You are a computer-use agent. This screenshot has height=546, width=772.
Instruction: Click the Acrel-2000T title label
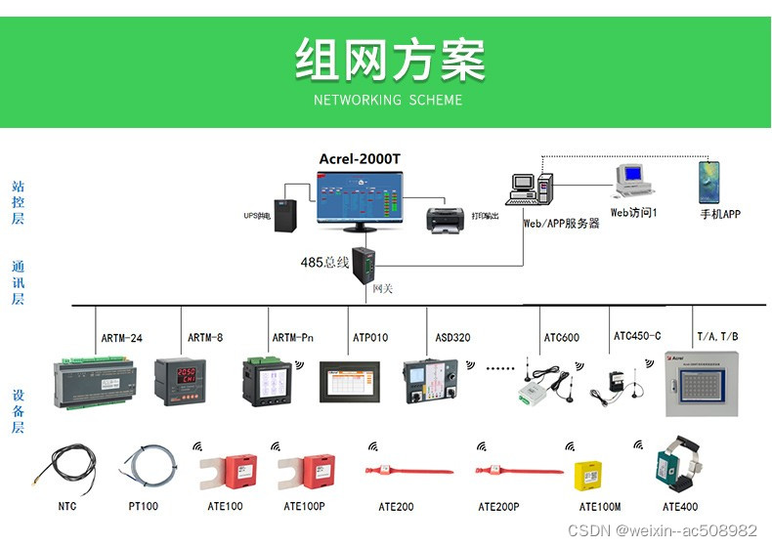359,159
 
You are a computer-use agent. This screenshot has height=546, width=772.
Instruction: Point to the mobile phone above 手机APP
708,183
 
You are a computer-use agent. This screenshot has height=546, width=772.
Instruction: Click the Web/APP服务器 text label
561,223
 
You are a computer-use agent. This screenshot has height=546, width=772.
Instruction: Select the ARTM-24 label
122,338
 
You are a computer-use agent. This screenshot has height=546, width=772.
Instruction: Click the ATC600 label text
561,338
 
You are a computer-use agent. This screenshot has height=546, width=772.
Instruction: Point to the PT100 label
143,507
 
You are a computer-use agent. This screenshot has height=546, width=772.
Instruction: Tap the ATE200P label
498,507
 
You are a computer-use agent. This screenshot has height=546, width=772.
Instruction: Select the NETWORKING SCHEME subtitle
388,100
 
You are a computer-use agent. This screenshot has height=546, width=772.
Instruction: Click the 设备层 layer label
18,411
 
